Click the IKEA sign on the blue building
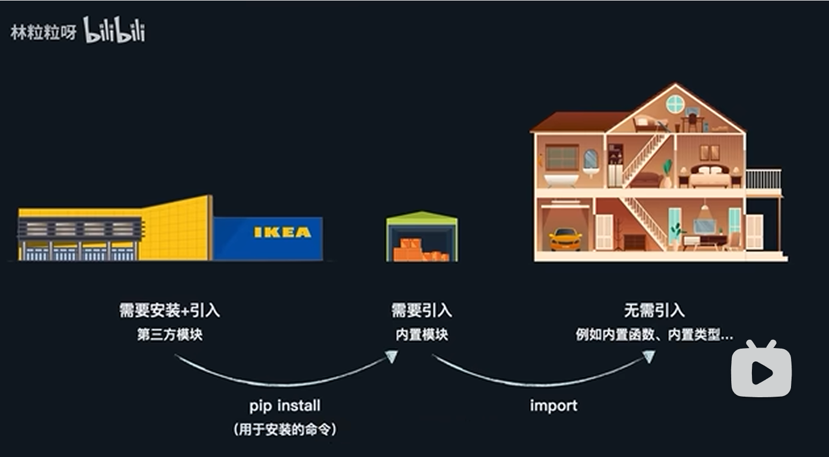click(282, 232)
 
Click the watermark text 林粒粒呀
click(44, 32)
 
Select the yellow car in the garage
click(565, 239)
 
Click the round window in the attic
click(675, 104)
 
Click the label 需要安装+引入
click(169, 311)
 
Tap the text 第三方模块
click(169, 335)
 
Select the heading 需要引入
click(421, 311)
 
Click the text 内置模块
click(422, 335)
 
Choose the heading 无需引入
click(654, 311)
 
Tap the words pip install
click(285, 406)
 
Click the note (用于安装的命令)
click(285, 430)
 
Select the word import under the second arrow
click(554, 406)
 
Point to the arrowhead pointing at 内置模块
click(392, 356)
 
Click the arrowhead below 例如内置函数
click(649, 356)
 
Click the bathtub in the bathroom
click(561, 180)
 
